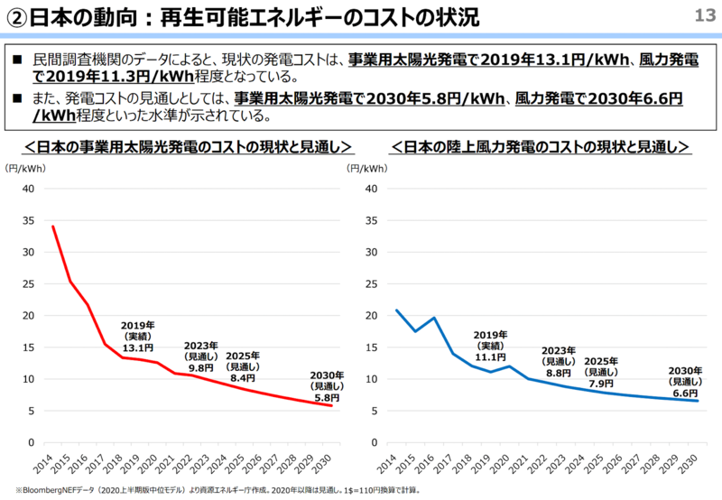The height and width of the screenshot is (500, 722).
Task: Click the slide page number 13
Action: [704, 15]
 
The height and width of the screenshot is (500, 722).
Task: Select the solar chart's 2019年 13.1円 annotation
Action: [137, 336]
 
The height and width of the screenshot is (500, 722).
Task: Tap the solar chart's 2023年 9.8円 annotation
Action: [200, 356]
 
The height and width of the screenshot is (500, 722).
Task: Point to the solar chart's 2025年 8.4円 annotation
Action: [243, 366]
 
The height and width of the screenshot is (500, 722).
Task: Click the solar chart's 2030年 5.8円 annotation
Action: [327, 386]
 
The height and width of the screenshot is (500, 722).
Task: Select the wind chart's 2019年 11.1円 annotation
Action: [491, 346]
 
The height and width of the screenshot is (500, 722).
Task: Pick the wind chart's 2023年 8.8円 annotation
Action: [559, 361]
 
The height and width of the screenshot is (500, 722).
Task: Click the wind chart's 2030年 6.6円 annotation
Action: [685, 382]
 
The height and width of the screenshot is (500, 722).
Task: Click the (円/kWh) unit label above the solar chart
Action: [26, 169]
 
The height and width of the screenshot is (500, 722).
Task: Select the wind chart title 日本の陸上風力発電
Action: [541, 146]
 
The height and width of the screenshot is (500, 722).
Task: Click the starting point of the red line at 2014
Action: [52, 227]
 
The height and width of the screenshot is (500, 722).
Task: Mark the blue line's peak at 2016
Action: [434, 318]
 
